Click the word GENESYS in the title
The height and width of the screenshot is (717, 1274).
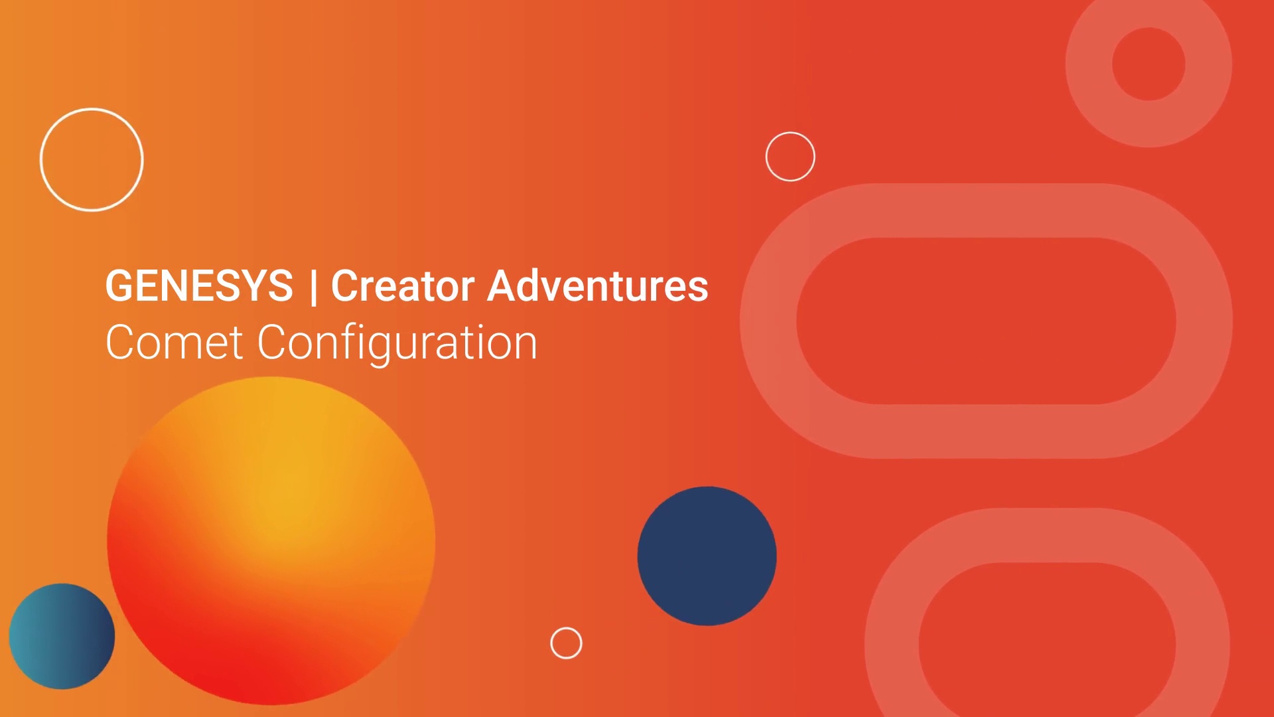click(199, 286)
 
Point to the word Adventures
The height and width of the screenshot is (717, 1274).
click(598, 286)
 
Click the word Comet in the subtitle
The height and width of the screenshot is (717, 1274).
click(175, 343)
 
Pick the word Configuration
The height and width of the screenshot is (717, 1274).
click(397, 344)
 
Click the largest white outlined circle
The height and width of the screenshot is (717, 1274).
click(92, 160)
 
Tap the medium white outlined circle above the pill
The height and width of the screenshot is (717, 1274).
click(790, 157)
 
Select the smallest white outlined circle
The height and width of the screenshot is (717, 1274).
click(566, 643)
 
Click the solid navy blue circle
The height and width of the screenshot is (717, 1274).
click(707, 556)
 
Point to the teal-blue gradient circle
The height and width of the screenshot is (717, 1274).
click(62, 636)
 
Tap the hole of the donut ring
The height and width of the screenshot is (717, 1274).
click(1149, 64)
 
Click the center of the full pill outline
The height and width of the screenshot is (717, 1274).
click(986, 321)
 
